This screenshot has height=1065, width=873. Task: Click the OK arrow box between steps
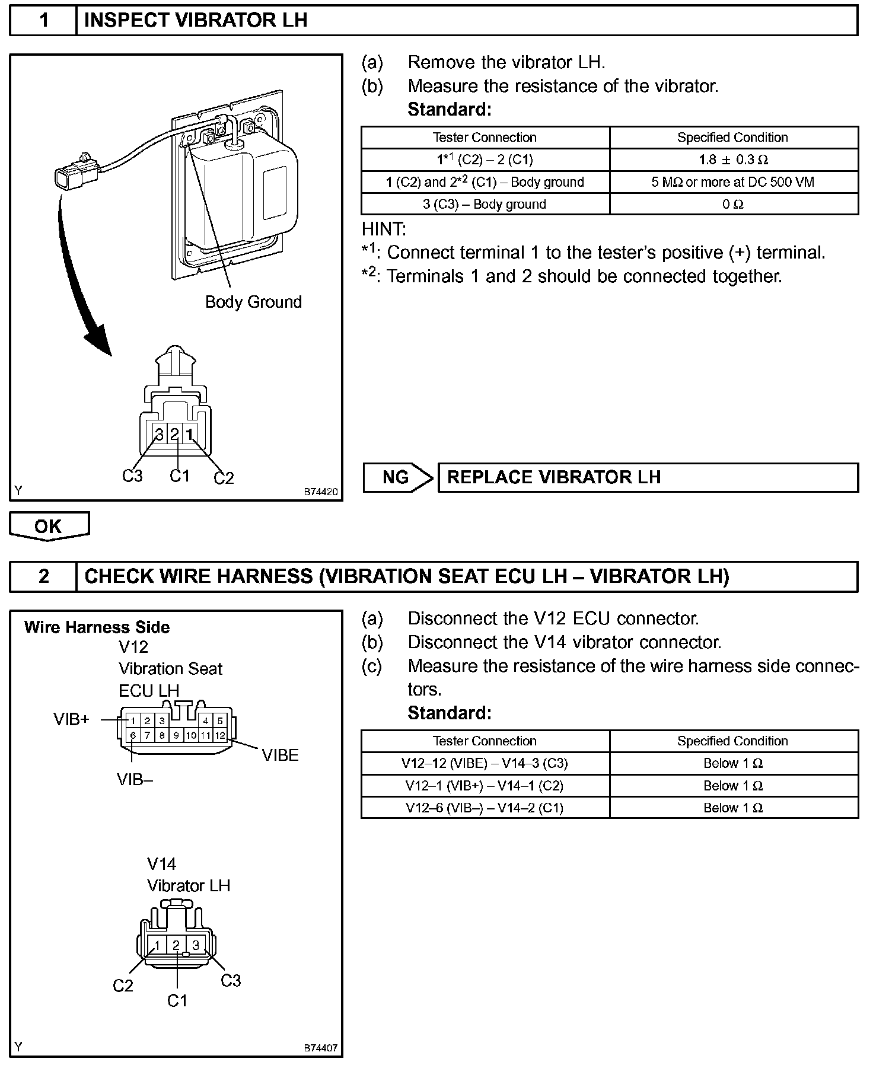(49, 526)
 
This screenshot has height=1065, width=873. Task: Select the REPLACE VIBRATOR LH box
(648, 477)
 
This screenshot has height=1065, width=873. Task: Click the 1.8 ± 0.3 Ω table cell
(733, 160)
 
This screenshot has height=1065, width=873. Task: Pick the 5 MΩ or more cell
(733, 182)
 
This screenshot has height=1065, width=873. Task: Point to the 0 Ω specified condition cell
(733, 205)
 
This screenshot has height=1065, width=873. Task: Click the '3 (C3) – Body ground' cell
(485, 205)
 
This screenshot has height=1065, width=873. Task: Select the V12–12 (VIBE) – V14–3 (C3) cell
(485, 763)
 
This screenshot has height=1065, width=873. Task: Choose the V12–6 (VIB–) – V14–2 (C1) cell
(485, 808)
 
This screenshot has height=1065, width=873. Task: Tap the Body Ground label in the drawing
(253, 302)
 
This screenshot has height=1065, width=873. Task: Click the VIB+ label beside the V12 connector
(71, 719)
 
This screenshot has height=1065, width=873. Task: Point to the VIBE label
(280, 755)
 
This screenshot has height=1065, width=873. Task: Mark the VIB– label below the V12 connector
(135, 780)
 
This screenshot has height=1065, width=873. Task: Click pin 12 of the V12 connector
(220, 735)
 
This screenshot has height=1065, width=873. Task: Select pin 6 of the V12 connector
(133, 735)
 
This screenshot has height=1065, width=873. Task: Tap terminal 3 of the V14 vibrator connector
(196, 945)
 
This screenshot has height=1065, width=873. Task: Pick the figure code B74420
(321, 492)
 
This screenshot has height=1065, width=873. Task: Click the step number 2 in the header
(44, 576)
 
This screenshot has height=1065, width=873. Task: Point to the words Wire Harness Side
(97, 627)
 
